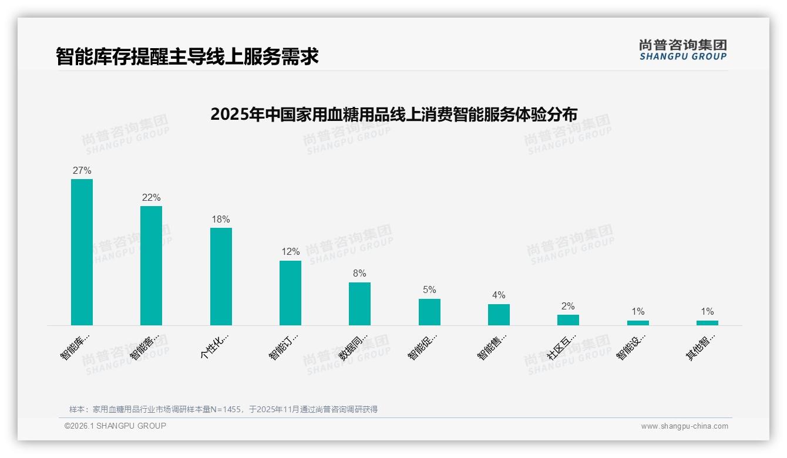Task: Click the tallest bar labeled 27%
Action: [x=82, y=252]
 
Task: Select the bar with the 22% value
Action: [x=151, y=265]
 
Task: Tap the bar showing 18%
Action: [x=221, y=277]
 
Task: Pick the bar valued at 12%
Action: [x=290, y=293]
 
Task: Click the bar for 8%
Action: [x=359, y=304]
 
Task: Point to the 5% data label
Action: [x=429, y=289]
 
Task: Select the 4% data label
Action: [x=499, y=295]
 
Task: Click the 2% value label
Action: [x=568, y=306]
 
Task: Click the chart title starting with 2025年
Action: [x=393, y=114]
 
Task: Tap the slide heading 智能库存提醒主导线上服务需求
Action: [x=187, y=56]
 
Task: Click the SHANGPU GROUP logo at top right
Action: [x=682, y=50]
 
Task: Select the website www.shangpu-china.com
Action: [x=684, y=426]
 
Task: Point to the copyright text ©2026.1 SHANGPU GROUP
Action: [x=115, y=426]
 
